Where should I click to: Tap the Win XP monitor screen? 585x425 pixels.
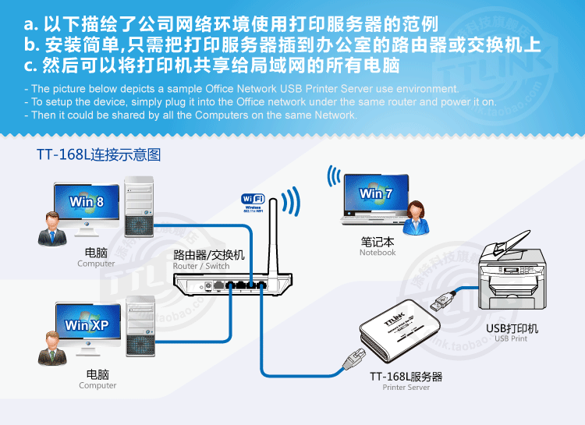point(86,324)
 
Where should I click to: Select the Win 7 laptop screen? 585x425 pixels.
point(375,194)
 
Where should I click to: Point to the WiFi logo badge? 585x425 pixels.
point(254,201)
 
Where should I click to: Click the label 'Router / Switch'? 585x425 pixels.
point(201,266)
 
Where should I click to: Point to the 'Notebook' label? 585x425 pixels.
point(378,253)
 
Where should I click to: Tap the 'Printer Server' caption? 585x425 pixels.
point(406,388)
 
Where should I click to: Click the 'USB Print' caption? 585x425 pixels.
point(511,338)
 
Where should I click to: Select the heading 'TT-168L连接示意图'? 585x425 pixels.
point(98,155)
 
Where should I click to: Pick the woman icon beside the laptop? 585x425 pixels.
point(414,215)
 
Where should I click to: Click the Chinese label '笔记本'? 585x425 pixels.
point(378,242)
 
